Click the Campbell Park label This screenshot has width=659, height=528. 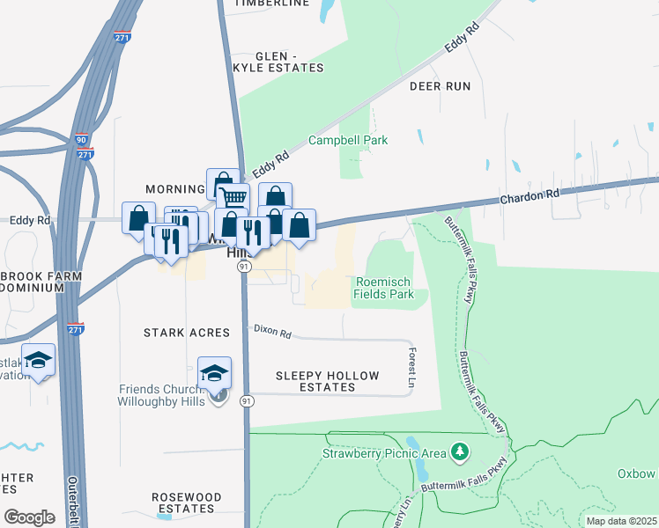pos(348,140)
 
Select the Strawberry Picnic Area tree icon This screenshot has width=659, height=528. pos(458,452)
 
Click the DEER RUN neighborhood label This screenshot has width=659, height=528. pos(440,86)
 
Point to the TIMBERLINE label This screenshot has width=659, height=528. pos(271,4)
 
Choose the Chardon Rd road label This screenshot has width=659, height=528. pos(529,194)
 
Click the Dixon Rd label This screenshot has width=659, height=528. pos(272,331)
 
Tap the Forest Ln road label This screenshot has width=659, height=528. pos(411,368)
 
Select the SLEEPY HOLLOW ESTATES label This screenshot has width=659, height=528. pos(327,381)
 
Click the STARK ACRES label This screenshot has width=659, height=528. pos(187,333)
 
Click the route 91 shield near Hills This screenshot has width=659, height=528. pos(245,267)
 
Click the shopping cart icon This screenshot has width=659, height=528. pos(233,197)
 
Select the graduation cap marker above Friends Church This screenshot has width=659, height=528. pos(214,373)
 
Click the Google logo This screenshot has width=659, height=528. pos(29,517)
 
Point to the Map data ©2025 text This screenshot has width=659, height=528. pos(620,521)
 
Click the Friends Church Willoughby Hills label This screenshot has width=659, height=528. pos(162,395)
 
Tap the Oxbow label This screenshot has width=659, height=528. pos(636,473)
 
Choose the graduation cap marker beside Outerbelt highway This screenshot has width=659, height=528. pos(38,361)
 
